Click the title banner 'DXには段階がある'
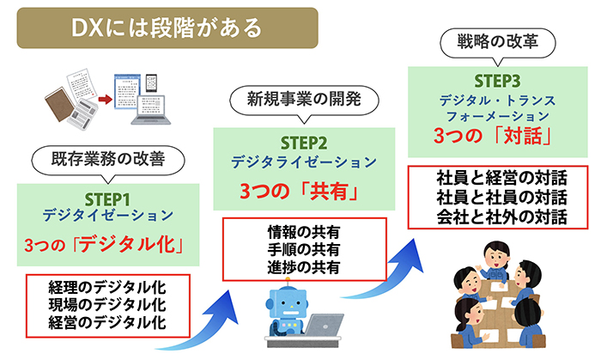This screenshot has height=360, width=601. point(167,28)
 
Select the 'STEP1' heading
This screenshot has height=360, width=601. point(107,199)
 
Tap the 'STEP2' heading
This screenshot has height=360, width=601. point(304,143)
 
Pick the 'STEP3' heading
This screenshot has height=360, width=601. point(497,81)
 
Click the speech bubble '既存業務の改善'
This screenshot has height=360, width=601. point(108,159)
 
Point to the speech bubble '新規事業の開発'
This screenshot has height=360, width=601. point(304,100)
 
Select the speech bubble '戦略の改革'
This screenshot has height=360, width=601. point(497,41)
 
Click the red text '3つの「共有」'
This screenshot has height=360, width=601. point(300,191)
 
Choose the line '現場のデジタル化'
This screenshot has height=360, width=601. point(107,305)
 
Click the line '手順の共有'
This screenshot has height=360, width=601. point(304,249)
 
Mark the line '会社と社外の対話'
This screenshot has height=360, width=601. point(501,217)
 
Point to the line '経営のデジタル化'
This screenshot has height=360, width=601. point(107,322)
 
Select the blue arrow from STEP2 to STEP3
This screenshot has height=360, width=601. point(391,276)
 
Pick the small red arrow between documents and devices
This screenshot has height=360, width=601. point(105,100)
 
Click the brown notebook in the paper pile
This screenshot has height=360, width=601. point(60,104)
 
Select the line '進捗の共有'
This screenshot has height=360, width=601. point(304,267)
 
